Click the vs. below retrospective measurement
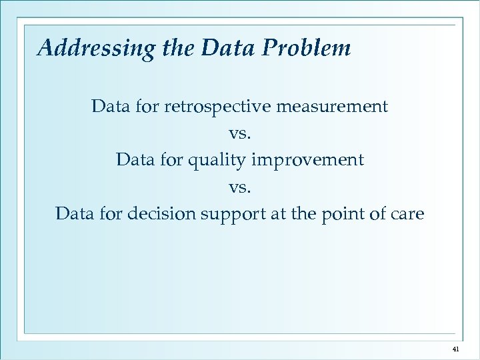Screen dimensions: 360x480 point(240,134)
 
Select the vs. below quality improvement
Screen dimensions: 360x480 point(240,188)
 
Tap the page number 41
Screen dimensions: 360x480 point(456,349)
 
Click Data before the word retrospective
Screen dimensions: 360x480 point(107,107)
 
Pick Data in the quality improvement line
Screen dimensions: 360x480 point(132,161)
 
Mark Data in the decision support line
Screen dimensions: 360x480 point(71,215)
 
